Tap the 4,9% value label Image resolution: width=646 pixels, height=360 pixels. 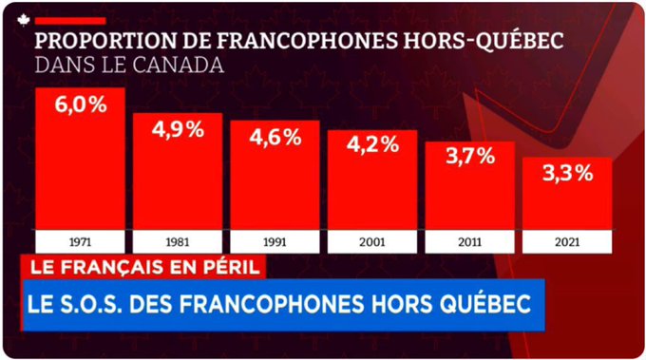178,129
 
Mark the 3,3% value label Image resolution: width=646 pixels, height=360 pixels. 567,173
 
